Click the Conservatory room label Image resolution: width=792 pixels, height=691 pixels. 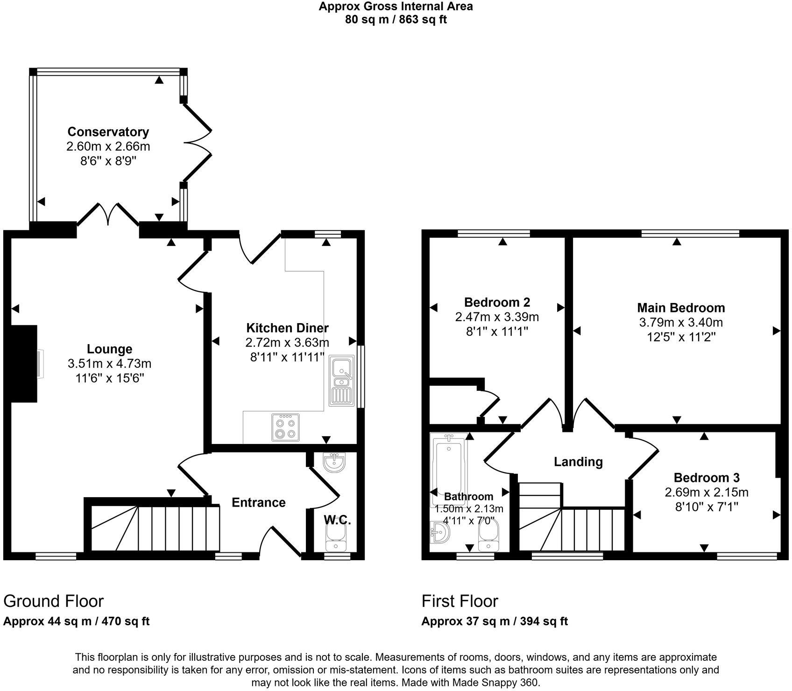(x=108, y=132)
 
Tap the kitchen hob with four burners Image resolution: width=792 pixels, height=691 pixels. (x=286, y=427)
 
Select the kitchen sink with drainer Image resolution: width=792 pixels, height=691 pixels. (x=341, y=381)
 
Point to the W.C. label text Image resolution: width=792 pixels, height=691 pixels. (x=337, y=520)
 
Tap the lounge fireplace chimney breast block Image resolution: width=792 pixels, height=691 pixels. (x=23, y=363)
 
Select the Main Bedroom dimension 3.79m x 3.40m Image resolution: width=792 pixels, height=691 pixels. (x=681, y=322)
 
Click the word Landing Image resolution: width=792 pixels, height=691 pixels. (x=578, y=462)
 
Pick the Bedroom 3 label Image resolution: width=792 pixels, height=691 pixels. (x=707, y=478)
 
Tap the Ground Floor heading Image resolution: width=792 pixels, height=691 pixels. (x=53, y=601)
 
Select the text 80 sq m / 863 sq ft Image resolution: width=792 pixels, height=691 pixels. (x=396, y=20)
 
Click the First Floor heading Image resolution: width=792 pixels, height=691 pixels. (x=460, y=601)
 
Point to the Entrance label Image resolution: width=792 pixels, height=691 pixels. (x=259, y=502)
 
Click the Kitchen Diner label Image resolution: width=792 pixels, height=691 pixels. (x=287, y=328)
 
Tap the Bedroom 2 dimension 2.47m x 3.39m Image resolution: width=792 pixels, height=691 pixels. (x=497, y=317)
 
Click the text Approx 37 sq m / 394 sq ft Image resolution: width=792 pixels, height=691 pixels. (x=494, y=621)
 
